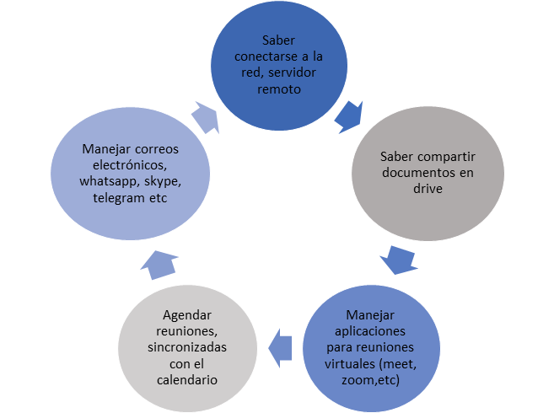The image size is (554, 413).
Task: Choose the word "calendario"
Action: (x=183, y=381)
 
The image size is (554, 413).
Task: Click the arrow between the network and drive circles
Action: (x=349, y=116)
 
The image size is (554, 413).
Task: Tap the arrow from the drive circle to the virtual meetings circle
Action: (x=398, y=258)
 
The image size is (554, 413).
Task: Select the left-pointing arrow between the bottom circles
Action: (x=279, y=342)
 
